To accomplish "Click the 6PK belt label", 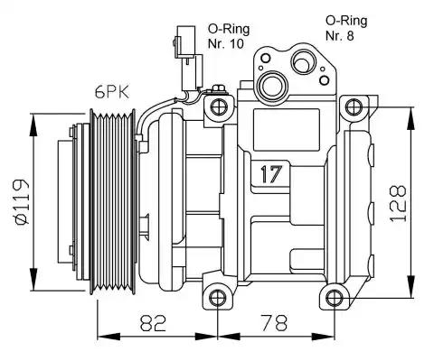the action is tap(112, 92).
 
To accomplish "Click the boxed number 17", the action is tap(271, 174).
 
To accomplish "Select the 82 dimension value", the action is tap(153, 322).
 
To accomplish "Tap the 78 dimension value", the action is tap(274, 322).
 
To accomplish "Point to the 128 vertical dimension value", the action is tap(398, 203).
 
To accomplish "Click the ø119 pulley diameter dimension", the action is tap(21, 202).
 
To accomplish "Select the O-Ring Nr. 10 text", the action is tap(229, 36).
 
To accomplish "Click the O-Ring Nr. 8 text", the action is tap(346, 28).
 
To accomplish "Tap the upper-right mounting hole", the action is tap(354, 107).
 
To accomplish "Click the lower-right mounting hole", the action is tap(334, 298).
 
